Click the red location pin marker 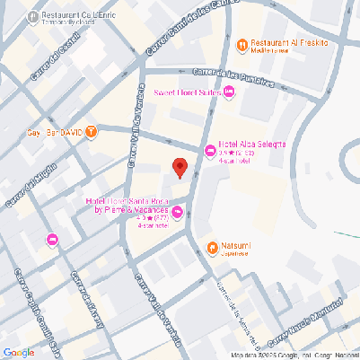[x=180, y=168]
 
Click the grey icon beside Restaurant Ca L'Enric [x=33, y=16]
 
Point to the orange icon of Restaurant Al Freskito [x=241, y=44]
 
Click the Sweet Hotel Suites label [x=188, y=92]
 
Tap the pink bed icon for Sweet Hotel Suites [x=230, y=92]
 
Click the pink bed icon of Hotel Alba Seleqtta [x=210, y=151]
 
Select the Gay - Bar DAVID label [x=55, y=133]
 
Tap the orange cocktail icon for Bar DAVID [x=92, y=133]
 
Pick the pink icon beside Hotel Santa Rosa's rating [x=177, y=213]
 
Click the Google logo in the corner [x=18, y=352]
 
